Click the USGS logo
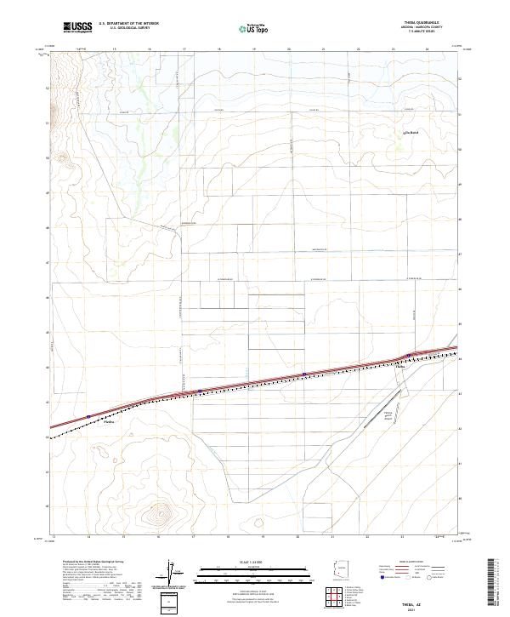[77, 27]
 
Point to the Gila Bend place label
[411, 134]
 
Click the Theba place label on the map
[402, 368]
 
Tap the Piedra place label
[108, 422]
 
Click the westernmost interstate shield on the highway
[88, 416]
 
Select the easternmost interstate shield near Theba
[409, 355]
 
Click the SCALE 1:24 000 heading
[254, 562]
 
